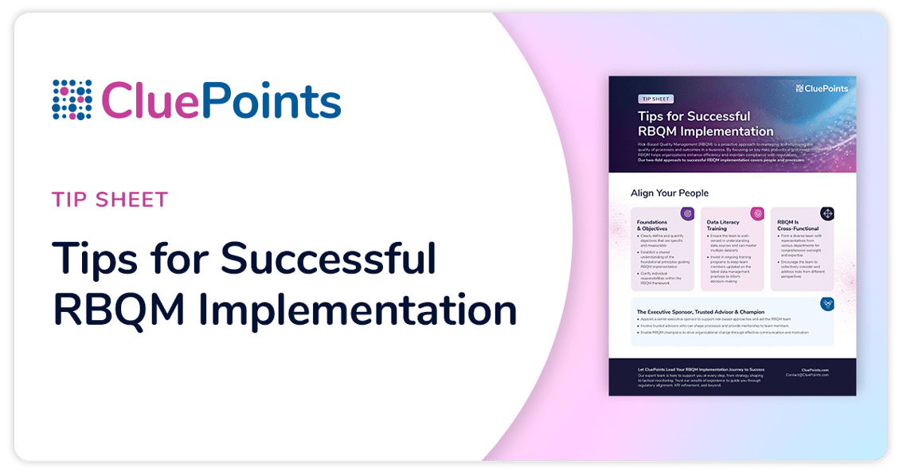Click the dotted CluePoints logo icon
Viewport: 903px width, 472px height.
click(x=72, y=100)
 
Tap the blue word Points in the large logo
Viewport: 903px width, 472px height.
click(x=271, y=101)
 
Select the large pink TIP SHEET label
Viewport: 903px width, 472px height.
click(x=110, y=199)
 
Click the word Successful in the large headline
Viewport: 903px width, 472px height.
click(x=328, y=259)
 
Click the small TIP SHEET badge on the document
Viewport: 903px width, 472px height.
click(x=655, y=99)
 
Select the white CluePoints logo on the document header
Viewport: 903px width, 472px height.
click(x=823, y=88)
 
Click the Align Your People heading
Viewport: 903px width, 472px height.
click(x=669, y=193)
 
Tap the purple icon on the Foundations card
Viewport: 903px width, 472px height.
click(x=686, y=213)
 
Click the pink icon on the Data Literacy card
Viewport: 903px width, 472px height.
click(x=757, y=213)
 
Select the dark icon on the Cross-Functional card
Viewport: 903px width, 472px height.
click(x=827, y=213)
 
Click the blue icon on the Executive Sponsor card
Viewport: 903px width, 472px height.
click(x=827, y=303)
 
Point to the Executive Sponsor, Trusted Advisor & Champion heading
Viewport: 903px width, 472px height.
click(x=700, y=312)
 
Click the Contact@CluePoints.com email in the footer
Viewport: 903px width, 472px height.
click(x=807, y=375)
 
